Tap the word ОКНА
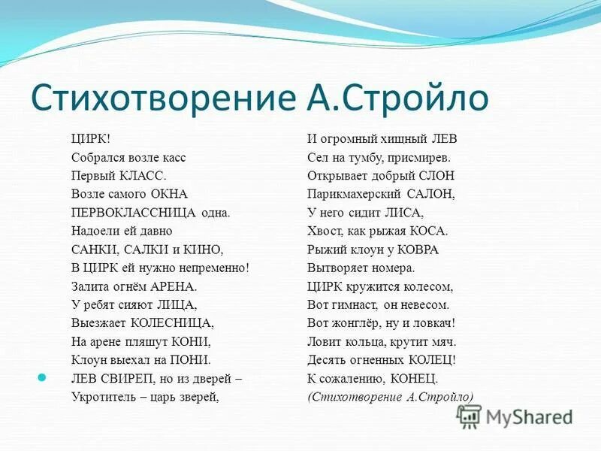click(x=166, y=194)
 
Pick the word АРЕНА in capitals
click(x=174, y=286)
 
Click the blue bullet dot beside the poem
click(x=42, y=377)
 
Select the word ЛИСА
click(x=406, y=212)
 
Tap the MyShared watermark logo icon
click(x=469, y=416)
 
